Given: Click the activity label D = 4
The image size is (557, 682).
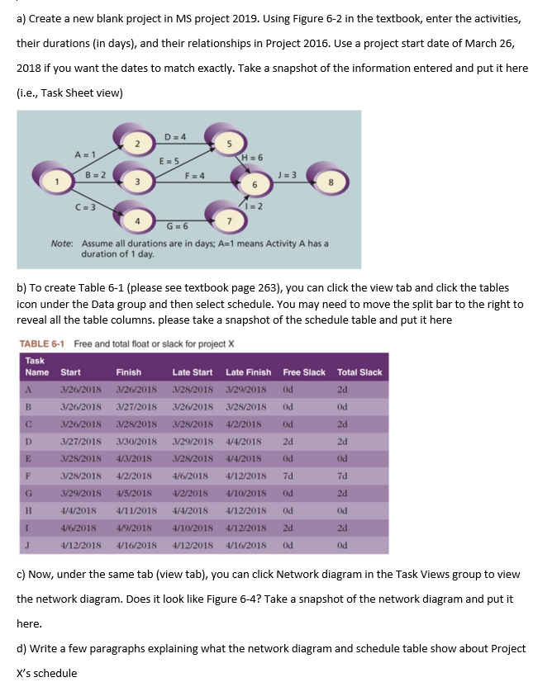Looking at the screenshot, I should (174, 136).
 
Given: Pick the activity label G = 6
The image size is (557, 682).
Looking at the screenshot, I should (178, 225).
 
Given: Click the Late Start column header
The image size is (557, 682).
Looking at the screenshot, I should (193, 372).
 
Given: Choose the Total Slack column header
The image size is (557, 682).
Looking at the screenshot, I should (359, 372).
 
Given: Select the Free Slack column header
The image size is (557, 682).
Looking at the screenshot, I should (304, 372).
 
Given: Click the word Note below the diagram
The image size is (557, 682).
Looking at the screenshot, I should (62, 244).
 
